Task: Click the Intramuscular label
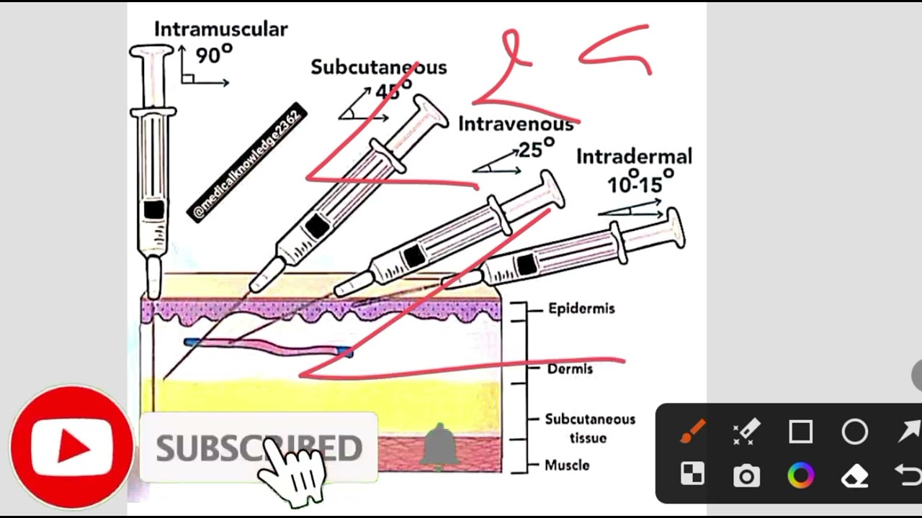[220, 29]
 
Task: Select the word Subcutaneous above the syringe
[378, 68]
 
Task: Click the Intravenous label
[516, 124]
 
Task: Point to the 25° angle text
[536, 150]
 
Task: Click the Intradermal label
[634, 157]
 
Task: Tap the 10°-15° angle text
[640, 184]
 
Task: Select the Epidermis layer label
[581, 309]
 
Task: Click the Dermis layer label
[570, 369]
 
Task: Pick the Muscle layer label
[567, 465]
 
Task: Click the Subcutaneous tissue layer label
[590, 428]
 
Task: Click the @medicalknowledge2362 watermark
[247, 164]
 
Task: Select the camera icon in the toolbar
[746, 476]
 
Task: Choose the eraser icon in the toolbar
[855, 476]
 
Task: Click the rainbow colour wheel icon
[800, 476]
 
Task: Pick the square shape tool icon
[800, 432]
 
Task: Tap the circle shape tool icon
[855, 432]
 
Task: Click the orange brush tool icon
[692, 432]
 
